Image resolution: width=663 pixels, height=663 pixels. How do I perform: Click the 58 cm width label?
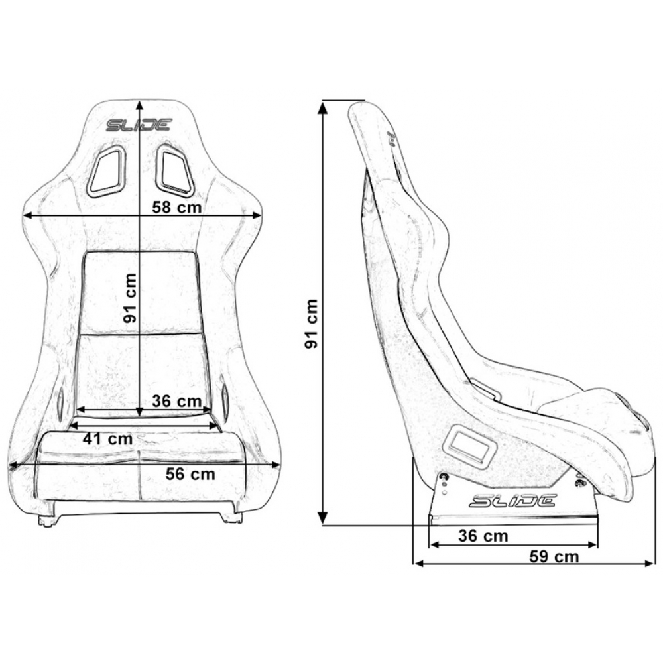177,207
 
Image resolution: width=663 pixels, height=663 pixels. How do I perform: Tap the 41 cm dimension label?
108,438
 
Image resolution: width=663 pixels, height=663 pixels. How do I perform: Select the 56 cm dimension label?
190,474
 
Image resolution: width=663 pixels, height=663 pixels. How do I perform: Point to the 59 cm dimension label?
554,556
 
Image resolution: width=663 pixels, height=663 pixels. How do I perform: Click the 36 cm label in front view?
177,401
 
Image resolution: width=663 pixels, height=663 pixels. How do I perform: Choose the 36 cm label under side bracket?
483,536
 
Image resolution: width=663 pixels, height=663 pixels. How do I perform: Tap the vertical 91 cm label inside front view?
131,298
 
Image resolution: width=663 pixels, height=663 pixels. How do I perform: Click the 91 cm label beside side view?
311,324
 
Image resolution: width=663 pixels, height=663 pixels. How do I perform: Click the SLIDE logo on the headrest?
139,125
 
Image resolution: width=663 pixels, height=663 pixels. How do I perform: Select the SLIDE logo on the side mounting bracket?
512,501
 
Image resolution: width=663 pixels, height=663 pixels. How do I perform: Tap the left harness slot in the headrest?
106,171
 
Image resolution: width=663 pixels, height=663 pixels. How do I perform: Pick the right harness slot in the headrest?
174,170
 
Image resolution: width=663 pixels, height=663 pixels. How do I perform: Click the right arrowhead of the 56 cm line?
276,465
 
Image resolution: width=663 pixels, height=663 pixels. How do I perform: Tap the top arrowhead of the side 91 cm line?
323,108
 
